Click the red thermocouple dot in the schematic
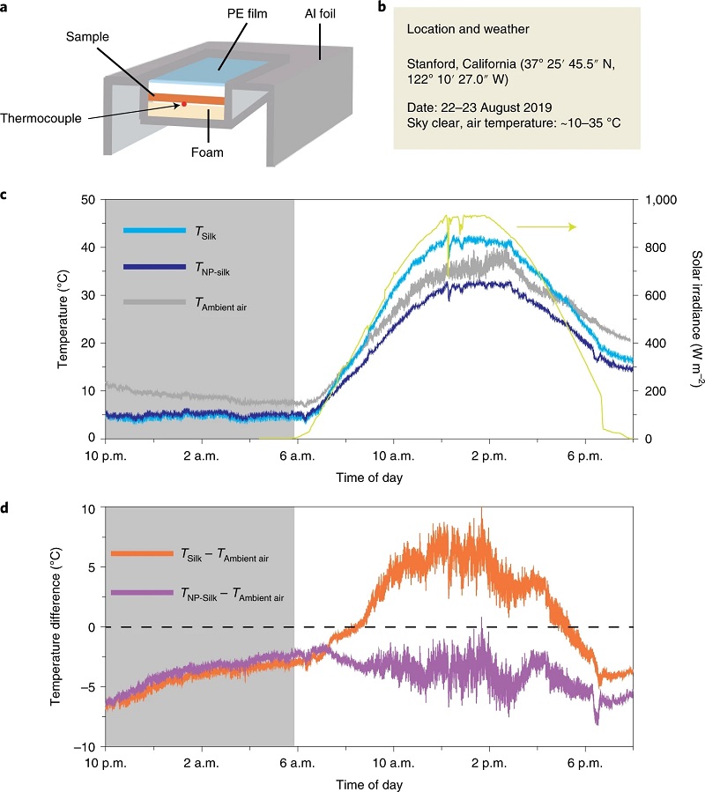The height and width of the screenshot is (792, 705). click(x=183, y=104)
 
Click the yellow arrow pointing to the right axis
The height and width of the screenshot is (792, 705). click(x=546, y=227)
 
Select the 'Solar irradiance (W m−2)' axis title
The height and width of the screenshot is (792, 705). click(x=692, y=319)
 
